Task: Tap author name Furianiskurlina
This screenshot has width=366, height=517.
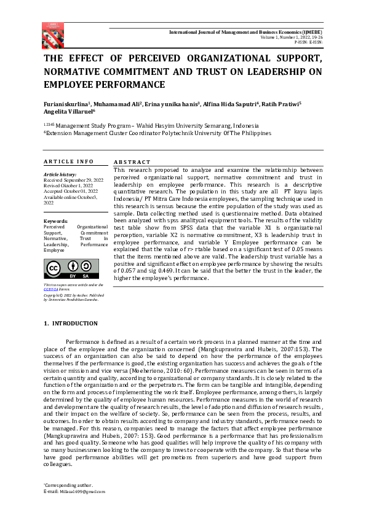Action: pyautogui.click(x=68, y=104)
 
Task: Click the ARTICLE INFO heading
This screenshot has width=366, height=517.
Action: pyautogui.click(x=68, y=161)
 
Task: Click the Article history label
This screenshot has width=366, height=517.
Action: pyautogui.click(x=60, y=175)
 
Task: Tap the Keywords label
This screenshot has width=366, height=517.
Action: pyautogui.click(x=55, y=221)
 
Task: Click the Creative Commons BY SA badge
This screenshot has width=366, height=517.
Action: pyautogui.click(x=62, y=269)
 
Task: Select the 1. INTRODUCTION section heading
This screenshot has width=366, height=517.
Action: pyautogui.click(x=71, y=324)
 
